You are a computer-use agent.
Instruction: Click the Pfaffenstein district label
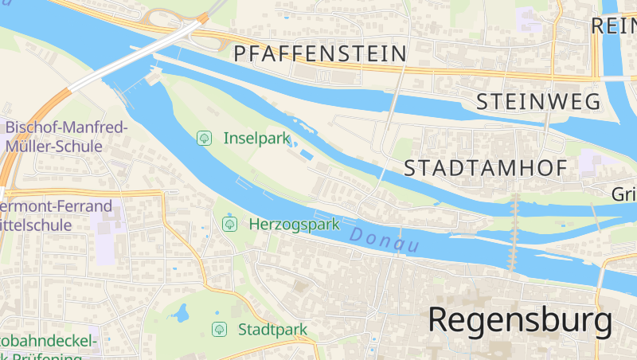(320, 54)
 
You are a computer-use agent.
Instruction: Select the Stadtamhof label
(485, 168)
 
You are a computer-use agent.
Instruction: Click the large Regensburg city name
(521, 320)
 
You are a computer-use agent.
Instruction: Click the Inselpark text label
(256, 138)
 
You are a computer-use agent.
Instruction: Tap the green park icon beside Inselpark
(205, 138)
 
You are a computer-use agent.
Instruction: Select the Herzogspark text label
(294, 224)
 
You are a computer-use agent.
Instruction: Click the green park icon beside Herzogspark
(229, 224)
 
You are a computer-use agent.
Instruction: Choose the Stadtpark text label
(272, 329)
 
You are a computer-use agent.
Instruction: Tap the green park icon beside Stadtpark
(218, 329)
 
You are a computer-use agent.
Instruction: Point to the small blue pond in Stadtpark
(182, 312)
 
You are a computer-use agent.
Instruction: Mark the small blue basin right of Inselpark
(307, 153)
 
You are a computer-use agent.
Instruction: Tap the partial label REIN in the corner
(612, 25)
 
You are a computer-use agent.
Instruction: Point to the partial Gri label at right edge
(623, 194)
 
